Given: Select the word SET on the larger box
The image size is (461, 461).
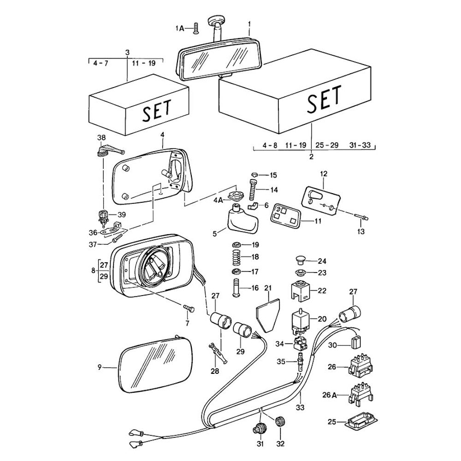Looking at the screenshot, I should pos(325,98).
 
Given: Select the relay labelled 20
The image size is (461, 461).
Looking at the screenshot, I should pos(299,319).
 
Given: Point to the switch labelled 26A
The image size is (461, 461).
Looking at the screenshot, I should pos(361,394).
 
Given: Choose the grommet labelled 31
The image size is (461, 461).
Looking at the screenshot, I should pos(259,428).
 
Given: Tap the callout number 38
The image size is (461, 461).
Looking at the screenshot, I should pos(101,138).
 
